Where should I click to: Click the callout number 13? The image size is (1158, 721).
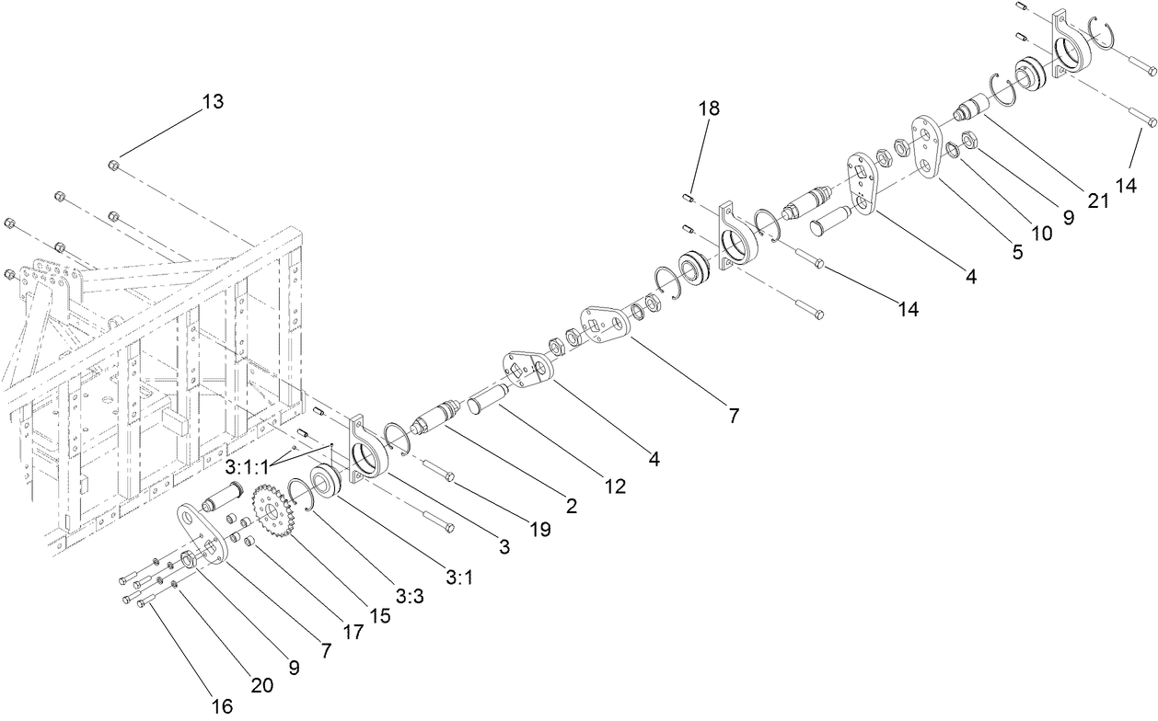[213, 102]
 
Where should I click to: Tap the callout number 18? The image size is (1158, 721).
[709, 109]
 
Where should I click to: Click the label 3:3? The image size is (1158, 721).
[410, 597]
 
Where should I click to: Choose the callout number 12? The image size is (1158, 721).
[616, 486]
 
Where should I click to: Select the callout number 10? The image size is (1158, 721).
[1041, 233]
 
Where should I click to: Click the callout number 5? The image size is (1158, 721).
[1017, 251]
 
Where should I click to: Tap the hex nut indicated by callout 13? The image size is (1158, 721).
[111, 165]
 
